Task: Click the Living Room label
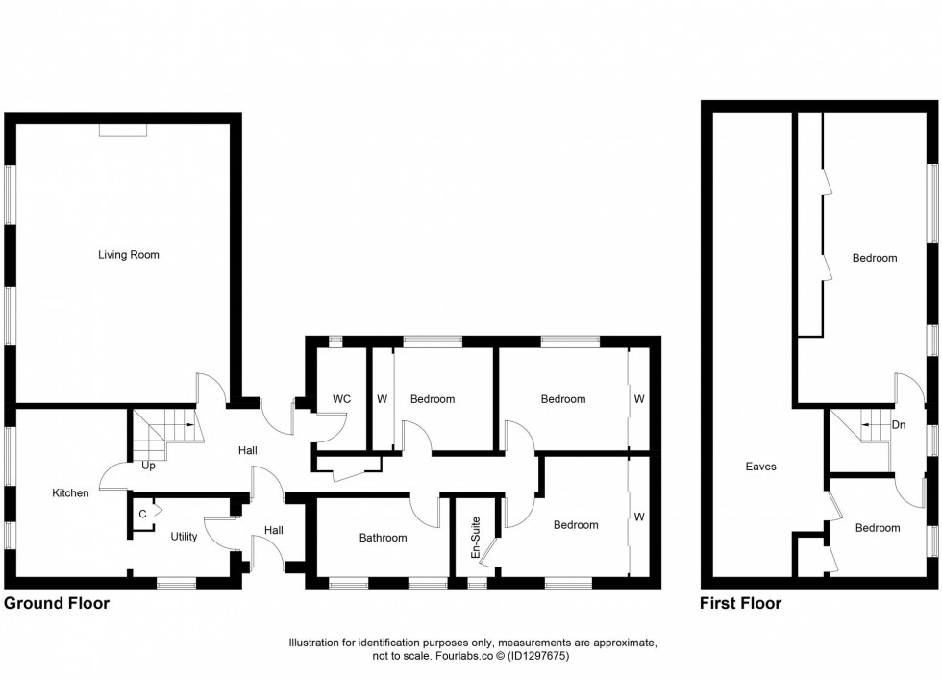(x=128, y=255)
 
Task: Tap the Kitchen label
(x=70, y=493)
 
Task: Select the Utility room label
(x=184, y=537)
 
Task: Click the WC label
(x=341, y=399)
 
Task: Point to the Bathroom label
(x=383, y=538)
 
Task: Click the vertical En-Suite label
(x=475, y=538)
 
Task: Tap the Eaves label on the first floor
(x=760, y=467)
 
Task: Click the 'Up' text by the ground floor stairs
(x=149, y=466)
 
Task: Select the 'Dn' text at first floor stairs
(x=899, y=424)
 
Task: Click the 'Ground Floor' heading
(x=57, y=604)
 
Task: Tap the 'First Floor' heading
(x=740, y=604)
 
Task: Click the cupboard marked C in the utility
(x=142, y=514)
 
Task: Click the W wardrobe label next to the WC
(x=382, y=399)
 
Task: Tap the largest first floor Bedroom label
(x=874, y=258)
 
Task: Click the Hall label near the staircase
(x=247, y=450)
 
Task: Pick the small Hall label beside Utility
(x=274, y=530)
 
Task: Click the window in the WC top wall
(x=335, y=340)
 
